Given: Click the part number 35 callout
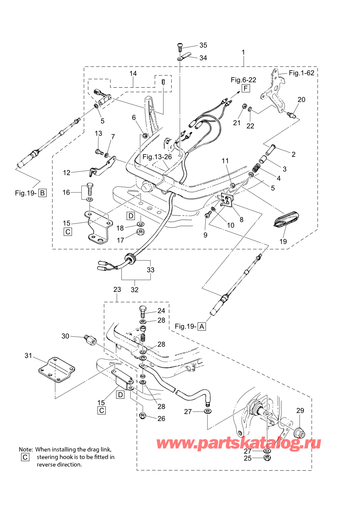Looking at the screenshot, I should (x=203, y=45).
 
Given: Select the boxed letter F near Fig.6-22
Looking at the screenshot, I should (x=245, y=88).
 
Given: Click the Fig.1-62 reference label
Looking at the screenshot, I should (x=301, y=73).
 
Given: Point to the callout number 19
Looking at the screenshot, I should (x=283, y=241).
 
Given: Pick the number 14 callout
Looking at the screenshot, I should (x=133, y=73).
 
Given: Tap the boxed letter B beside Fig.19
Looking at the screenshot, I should (x=43, y=193).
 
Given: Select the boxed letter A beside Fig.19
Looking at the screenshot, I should (x=202, y=326).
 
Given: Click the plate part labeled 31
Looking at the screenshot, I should (x=57, y=370).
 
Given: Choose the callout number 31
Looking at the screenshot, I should (x=28, y=355).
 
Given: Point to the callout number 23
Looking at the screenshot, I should (x=117, y=290).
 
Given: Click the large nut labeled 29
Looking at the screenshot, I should (x=299, y=433).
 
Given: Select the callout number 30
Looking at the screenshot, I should (x=65, y=336).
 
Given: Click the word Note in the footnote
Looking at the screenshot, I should (x=26, y=450).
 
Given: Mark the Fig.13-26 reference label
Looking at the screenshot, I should (x=157, y=157).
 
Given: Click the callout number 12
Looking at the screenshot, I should (x=67, y=173).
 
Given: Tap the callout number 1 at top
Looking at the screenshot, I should (x=243, y=52).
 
